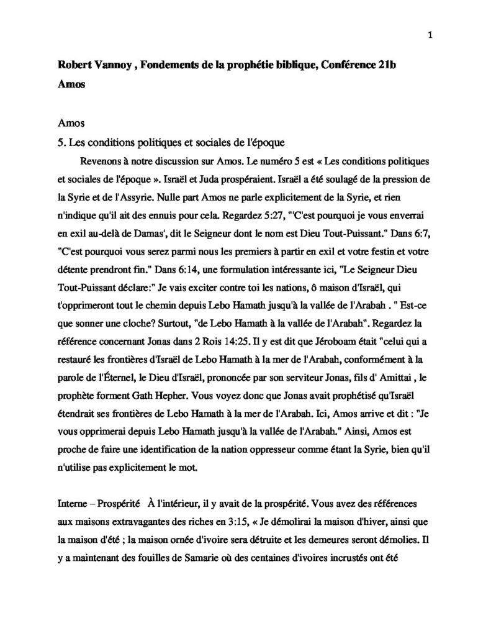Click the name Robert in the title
pos(73,66)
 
